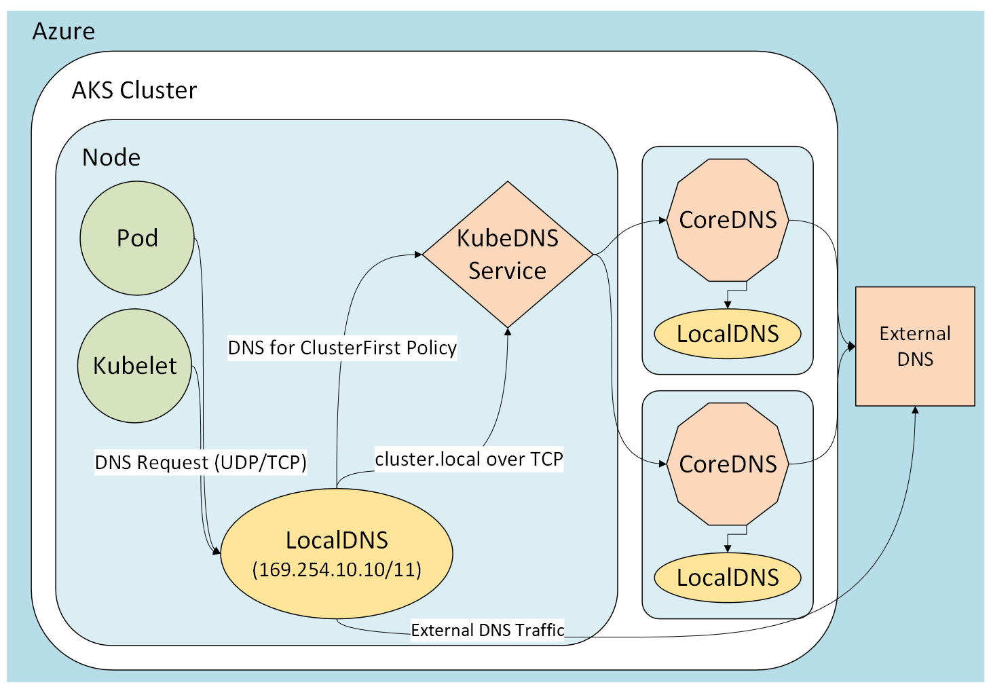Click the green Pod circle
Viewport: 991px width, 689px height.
coord(137,238)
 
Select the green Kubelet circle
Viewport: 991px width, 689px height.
coord(134,366)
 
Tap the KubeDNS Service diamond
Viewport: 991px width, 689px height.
coord(508,255)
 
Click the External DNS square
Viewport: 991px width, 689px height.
coord(915,346)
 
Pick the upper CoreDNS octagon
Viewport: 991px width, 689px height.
coord(728,220)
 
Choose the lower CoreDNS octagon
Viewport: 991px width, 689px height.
coord(728,464)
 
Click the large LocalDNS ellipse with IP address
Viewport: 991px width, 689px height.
coord(337,553)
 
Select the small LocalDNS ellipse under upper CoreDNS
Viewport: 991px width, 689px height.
coord(728,334)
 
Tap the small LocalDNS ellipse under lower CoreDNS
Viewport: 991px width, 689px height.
coord(728,578)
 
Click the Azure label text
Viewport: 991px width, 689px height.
coord(64,31)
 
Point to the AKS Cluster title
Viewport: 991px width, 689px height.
coord(134,90)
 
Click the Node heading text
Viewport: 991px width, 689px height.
coord(111,157)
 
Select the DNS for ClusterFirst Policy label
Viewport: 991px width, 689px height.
coord(342,348)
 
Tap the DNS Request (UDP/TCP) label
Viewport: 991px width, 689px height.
coord(200,462)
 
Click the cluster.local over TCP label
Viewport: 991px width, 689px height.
coord(469,460)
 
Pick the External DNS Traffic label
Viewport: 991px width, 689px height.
coord(487,630)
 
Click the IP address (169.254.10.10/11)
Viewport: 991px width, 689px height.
coord(337,569)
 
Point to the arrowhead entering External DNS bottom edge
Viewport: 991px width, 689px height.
coord(915,411)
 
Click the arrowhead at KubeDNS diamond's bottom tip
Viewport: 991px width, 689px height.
coord(508,332)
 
